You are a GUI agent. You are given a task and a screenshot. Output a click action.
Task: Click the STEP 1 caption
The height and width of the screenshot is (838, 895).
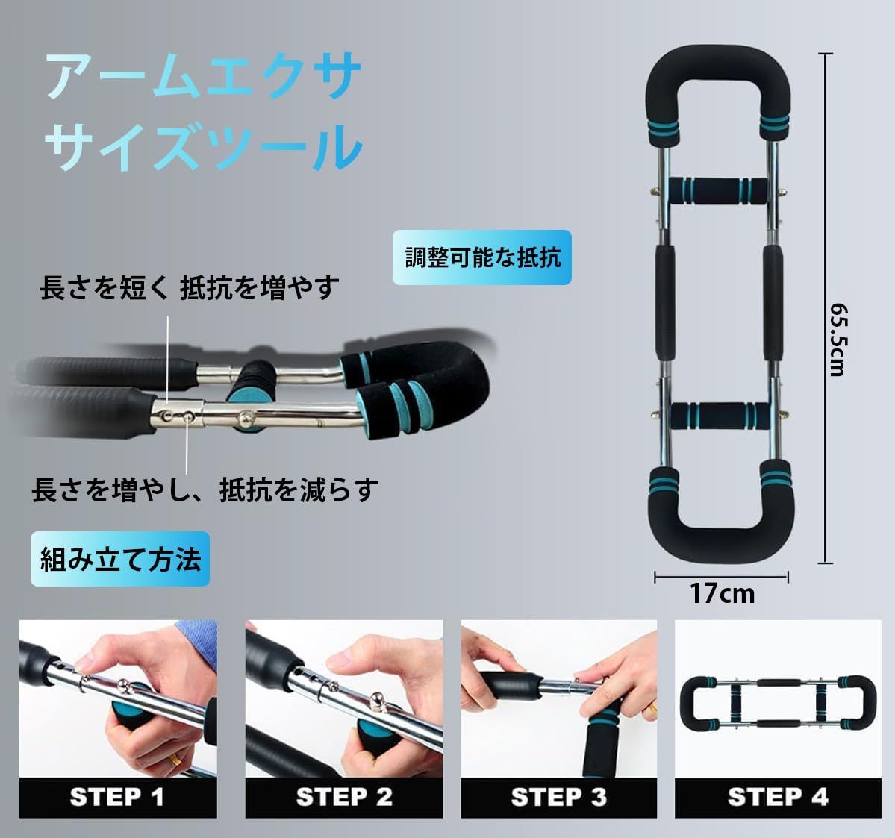117,797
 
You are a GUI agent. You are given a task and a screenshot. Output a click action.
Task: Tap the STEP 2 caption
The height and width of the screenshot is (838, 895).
343,797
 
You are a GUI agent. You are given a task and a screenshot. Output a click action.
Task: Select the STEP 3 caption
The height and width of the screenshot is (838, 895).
558,797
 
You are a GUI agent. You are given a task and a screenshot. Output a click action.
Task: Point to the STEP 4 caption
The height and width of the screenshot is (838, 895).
778,797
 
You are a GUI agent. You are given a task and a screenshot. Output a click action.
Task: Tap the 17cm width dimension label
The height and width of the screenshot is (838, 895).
721,593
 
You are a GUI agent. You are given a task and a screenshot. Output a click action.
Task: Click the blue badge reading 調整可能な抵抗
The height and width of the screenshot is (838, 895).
482,257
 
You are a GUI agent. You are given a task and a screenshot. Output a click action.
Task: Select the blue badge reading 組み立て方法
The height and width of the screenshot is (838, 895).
120,559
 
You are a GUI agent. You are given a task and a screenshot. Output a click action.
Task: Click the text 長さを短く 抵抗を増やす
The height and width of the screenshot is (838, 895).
189,287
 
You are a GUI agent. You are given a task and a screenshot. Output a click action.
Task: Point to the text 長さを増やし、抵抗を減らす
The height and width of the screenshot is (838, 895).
205,490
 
